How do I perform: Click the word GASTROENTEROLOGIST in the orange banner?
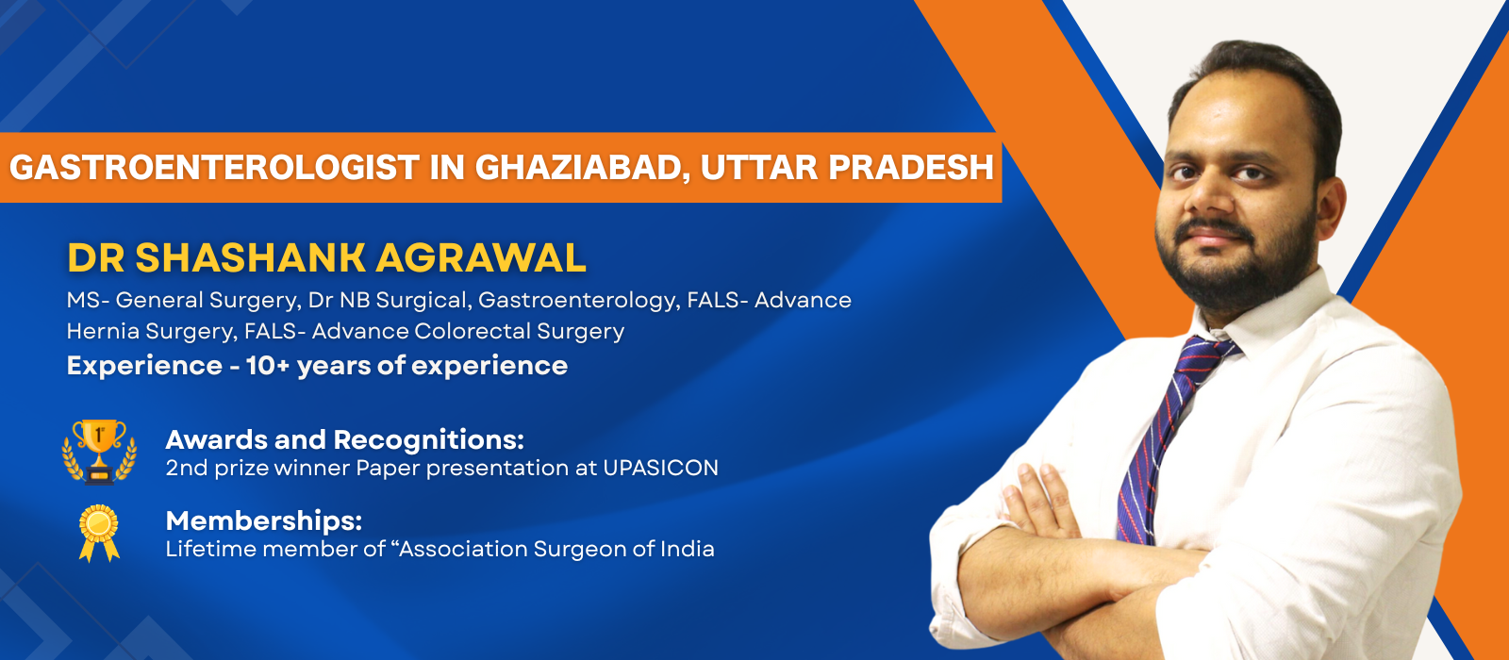pyautogui.click(x=215, y=168)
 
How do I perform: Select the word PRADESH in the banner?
pyautogui.click(x=911, y=168)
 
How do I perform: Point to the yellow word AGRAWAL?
pyautogui.click(x=480, y=258)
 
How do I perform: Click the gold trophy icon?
pyautogui.click(x=99, y=451)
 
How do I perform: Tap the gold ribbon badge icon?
pyautogui.click(x=99, y=533)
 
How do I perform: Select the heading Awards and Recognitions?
pyautogui.click(x=344, y=439)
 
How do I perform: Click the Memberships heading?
pyautogui.click(x=264, y=520)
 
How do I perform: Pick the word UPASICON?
pyautogui.click(x=661, y=468)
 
